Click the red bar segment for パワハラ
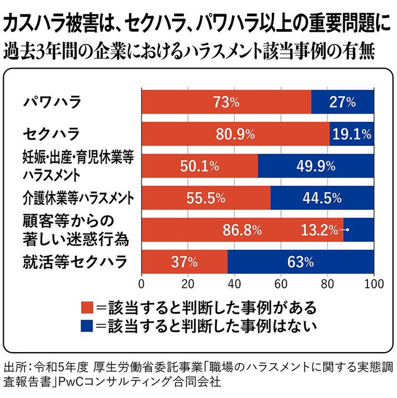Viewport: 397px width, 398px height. (226, 102)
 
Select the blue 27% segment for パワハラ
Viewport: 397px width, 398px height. (342, 102)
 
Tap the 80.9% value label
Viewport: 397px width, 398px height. (234, 134)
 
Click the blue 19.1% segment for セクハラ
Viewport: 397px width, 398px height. (352, 134)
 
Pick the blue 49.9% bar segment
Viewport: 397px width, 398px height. (316, 165)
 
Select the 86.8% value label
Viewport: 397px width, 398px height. (242, 229)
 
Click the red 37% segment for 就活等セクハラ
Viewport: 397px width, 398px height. (185, 261)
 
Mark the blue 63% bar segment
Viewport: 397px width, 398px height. (301, 261)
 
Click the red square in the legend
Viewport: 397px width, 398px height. (87, 307)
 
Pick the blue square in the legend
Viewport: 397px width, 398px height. (87, 325)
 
